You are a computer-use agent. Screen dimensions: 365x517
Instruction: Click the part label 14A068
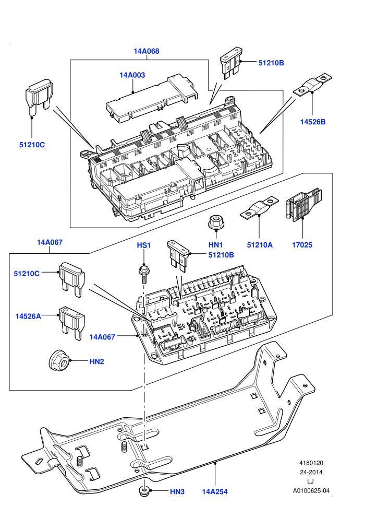click(x=147, y=51)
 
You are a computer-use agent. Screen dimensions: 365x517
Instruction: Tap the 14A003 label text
click(x=132, y=75)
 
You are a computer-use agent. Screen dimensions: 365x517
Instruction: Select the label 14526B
click(x=313, y=122)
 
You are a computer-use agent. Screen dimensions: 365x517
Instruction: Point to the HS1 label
click(x=144, y=245)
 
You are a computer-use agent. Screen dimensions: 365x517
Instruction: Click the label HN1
click(x=215, y=244)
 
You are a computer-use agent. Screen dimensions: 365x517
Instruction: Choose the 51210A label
click(x=260, y=244)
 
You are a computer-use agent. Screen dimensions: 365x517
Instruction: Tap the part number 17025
click(x=302, y=244)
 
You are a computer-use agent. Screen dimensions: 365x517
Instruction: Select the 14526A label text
click(x=28, y=316)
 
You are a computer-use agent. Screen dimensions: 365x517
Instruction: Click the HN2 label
click(x=97, y=361)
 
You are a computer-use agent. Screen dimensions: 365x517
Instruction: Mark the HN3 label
click(x=177, y=491)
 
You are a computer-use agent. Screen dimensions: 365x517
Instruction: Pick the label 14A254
click(x=215, y=491)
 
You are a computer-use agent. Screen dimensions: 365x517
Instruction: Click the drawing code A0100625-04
click(x=311, y=490)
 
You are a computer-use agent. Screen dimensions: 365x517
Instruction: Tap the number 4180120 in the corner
click(x=311, y=463)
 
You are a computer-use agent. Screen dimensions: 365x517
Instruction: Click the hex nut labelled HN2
click(x=58, y=361)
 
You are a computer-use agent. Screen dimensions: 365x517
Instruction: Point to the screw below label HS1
click(x=143, y=274)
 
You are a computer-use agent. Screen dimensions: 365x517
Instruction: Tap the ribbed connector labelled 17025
click(x=303, y=204)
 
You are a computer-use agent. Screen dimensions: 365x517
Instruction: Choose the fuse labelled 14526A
click(x=71, y=322)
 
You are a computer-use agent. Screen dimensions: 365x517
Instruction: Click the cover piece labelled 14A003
click(x=152, y=98)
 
